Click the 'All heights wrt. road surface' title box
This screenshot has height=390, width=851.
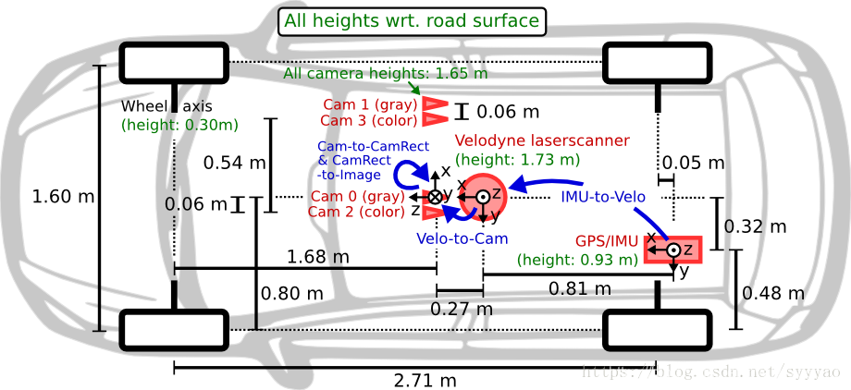click(x=412, y=21)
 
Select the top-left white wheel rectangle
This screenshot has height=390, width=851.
click(x=173, y=64)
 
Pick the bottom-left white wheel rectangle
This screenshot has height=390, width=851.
click(x=173, y=330)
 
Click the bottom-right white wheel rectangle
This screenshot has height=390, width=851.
click(x=657, y=329)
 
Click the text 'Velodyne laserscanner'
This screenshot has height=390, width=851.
click(x=543, y=140)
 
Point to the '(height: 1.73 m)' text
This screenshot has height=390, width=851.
click(x=518, y=159)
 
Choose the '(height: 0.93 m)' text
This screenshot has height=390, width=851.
click(x=578, y=260)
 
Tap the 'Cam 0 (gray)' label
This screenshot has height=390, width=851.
click(x=357, y=196)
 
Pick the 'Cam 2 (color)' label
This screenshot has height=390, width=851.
click(x=357, y=212)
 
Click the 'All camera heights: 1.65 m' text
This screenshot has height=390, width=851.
click(x=386, y=74)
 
